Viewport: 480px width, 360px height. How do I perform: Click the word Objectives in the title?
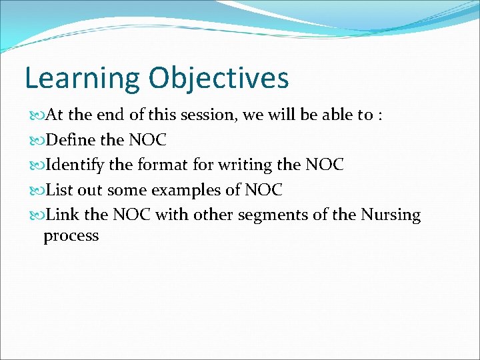click(x=219, y=77)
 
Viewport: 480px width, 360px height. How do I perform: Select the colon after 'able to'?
click(x=379, y=115)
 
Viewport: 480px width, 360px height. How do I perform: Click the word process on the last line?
click(x=71, y=235)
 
